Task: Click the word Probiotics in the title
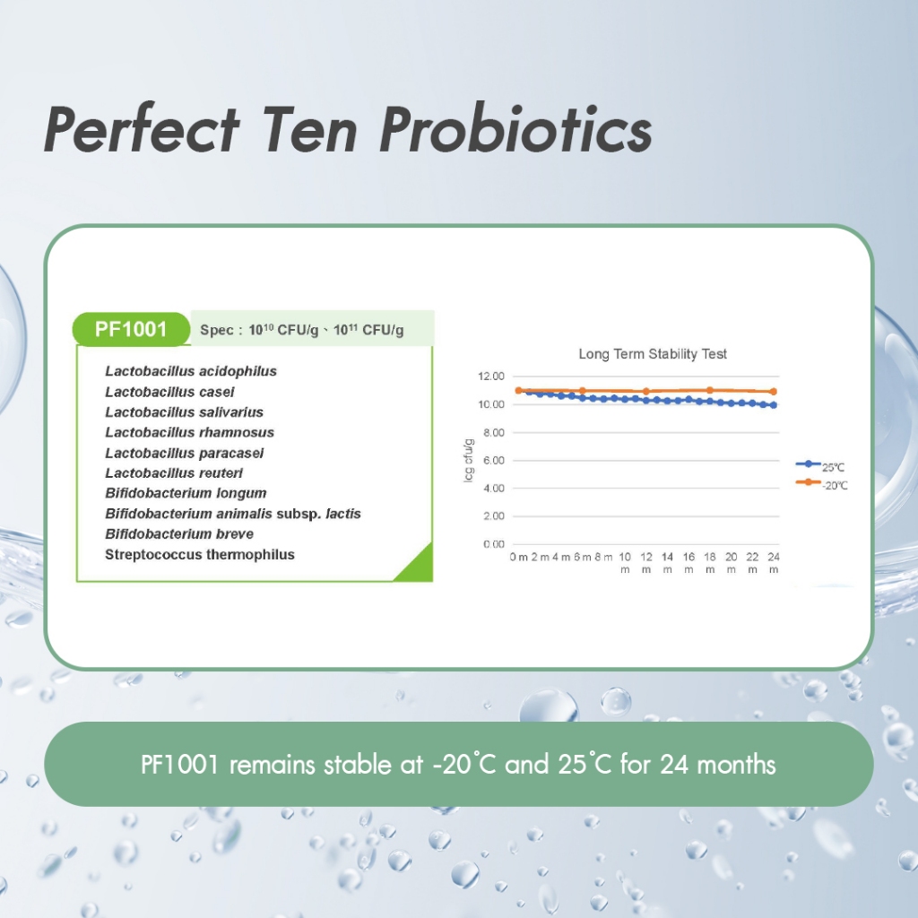[x=515, y=129]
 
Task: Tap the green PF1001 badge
[x=131, y=329]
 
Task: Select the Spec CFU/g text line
[x=301, y=330]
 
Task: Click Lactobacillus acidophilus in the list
[x=191, y=371]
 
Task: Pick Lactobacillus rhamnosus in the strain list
[x=190, y=432]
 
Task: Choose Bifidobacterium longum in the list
[x=186, y=493]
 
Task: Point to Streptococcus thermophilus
[x=200, y=554]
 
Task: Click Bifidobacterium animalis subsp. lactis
[x=233, y=514]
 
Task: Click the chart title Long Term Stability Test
[x=653, y=353]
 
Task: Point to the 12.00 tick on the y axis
[x=491, y=376]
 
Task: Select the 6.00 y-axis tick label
[x=494, y=460]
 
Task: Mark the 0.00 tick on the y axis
[x=494, y=544]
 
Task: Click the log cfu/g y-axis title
[x=468, y=460]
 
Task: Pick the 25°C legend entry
[x=820, y=466]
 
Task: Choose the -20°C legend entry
[x=821, y=484]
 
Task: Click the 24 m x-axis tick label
[x=774, y=563]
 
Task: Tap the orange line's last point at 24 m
[x=774, y=391]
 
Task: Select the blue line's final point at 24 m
[x=774, y=404]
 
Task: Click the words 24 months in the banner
[x=718, y=764]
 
